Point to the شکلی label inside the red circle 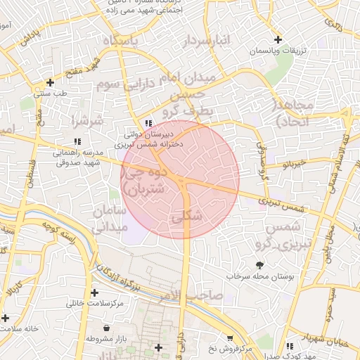tap(186, 217)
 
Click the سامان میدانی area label tap(108, 219)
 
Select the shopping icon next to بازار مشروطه tap(106, 328)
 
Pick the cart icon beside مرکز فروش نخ tap(231, 338)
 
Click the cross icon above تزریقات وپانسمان tap(278, 39)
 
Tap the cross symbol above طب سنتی tap(49, 82)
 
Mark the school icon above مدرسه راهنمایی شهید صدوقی tap(86, 141)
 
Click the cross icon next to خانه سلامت tap(6, 318)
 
